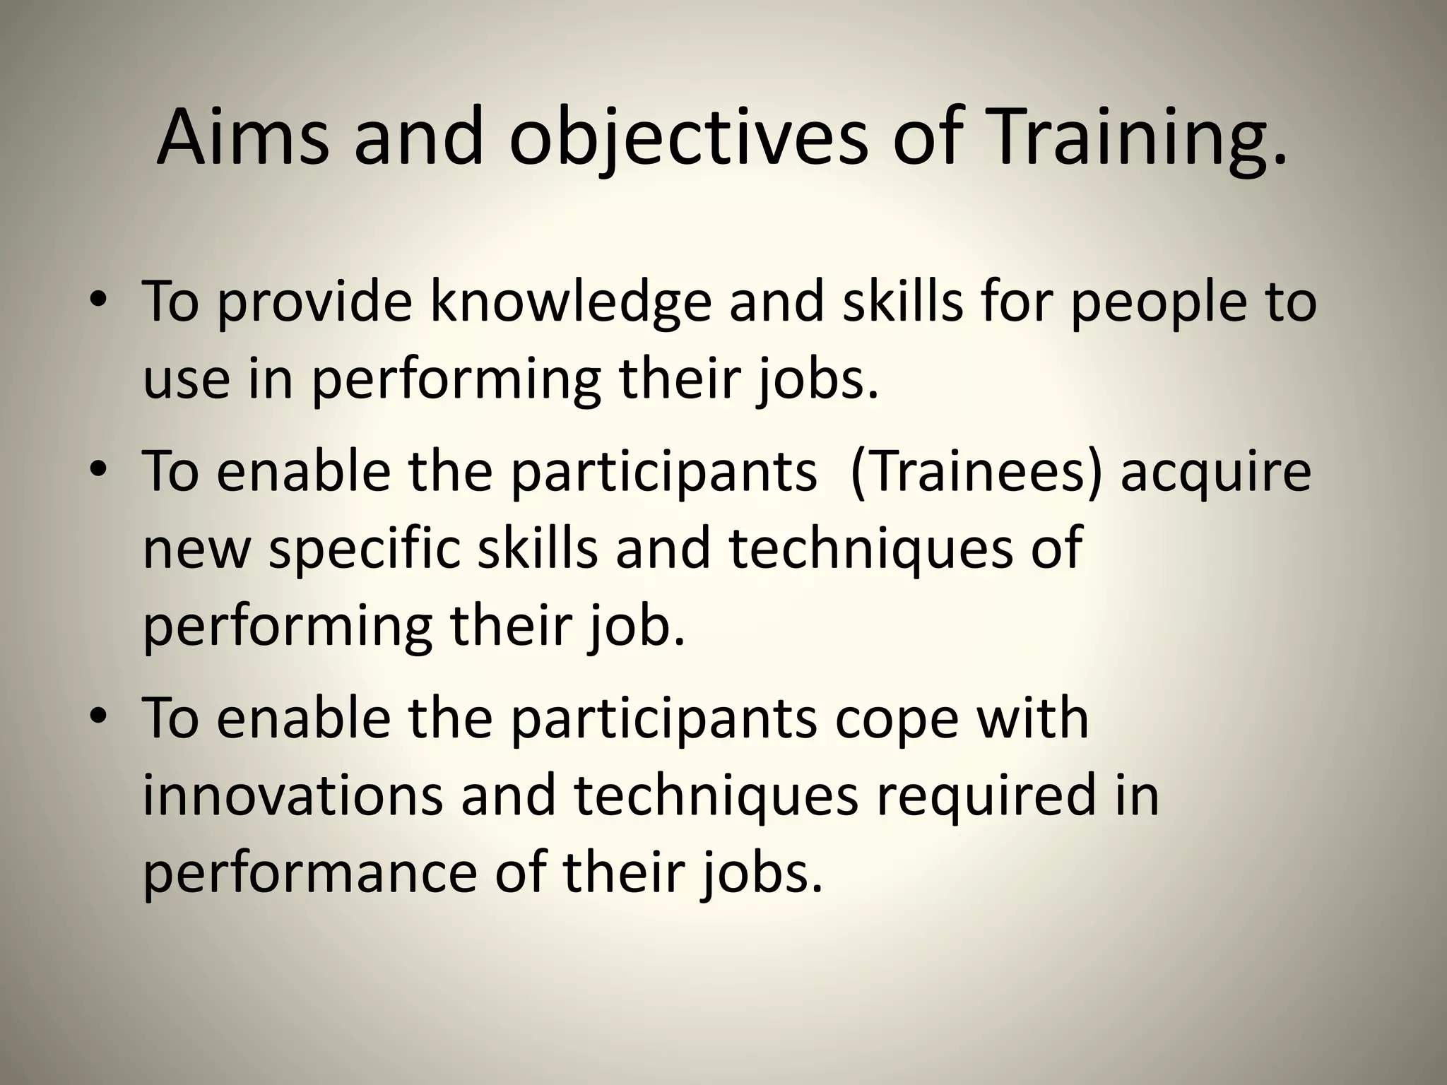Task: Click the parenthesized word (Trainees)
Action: [x=976, y=473]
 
